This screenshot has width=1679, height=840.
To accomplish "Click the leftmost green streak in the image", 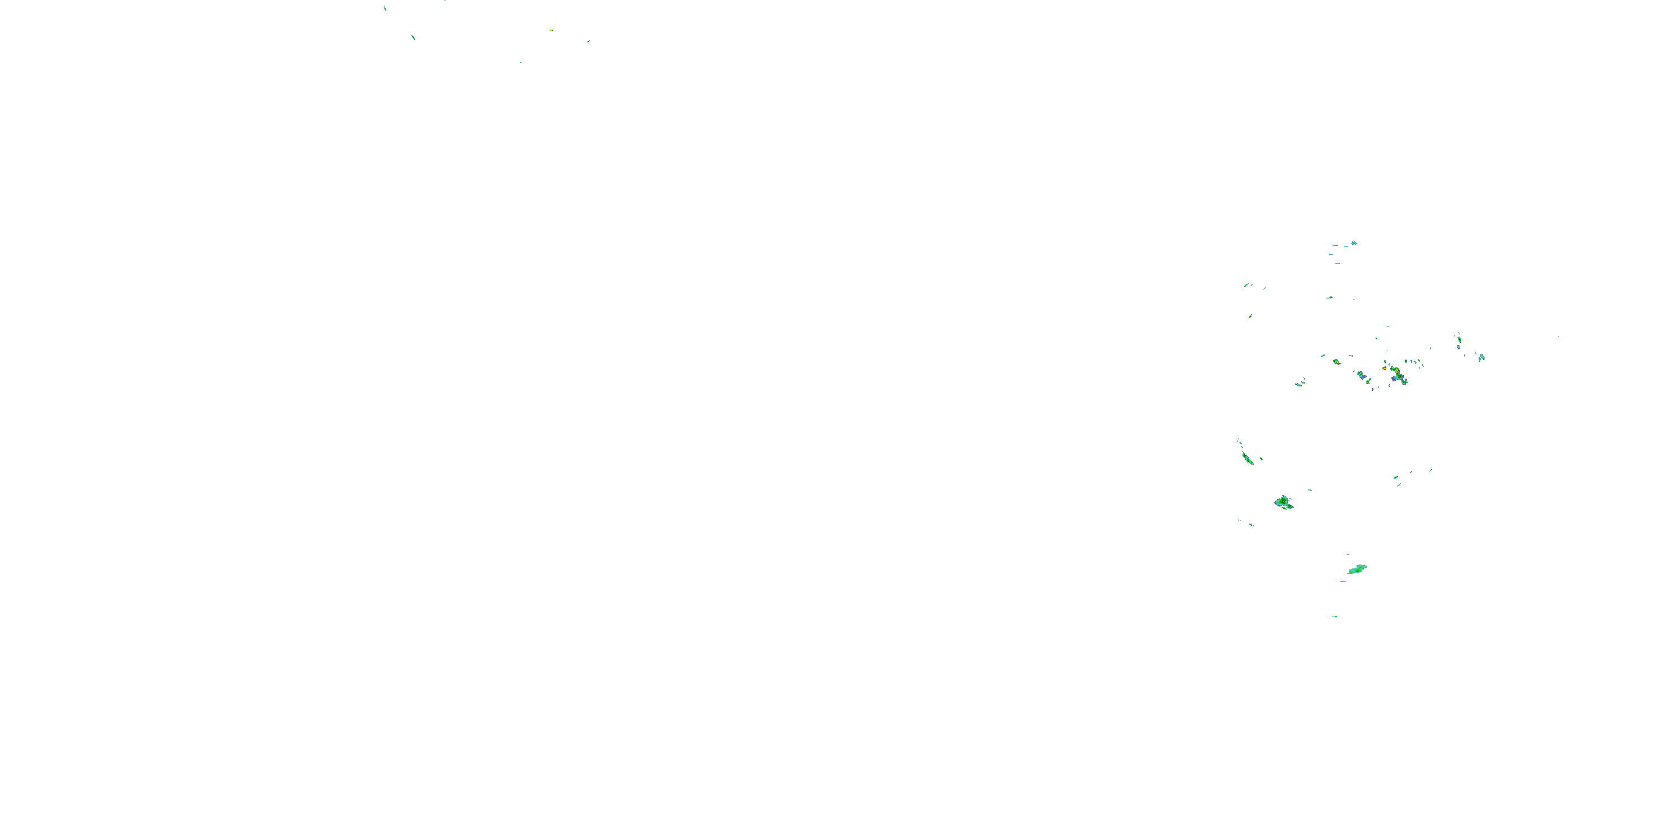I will click(384, 8).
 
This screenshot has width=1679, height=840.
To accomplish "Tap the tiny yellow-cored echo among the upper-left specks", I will click(551, 31).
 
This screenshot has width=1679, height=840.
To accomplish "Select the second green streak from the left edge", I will click(413, 37).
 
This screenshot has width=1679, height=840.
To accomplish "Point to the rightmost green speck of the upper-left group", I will click(588, 41).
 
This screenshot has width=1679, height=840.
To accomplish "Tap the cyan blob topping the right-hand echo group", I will click(1354, 243).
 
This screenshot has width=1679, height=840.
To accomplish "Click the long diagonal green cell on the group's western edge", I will click(1247, 458).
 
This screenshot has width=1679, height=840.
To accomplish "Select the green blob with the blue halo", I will click(1283, 502).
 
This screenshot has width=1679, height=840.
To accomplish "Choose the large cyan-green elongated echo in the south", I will click(1357, 570).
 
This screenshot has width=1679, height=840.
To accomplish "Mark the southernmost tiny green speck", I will click(1335, 617).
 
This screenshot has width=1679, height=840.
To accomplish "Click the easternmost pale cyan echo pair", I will click(1481, 357).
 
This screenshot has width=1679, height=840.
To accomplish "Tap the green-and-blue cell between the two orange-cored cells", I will click(1362, 376).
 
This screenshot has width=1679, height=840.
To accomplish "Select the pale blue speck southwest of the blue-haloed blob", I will click(1251, 524).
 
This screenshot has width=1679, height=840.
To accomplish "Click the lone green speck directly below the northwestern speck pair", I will click(1250, 316).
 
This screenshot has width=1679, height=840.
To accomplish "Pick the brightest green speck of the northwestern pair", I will click(1246, 285).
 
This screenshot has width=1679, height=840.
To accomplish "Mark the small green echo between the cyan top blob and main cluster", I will click(1330, 297).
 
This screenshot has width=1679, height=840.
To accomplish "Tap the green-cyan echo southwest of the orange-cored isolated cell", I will click(1298, 384).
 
